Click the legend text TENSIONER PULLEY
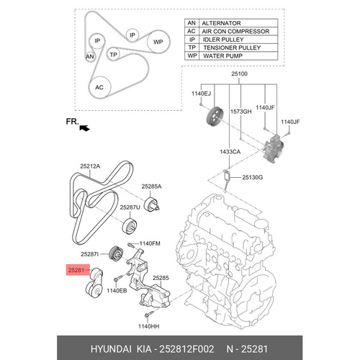click(232, 48)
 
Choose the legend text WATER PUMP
click(223, 55)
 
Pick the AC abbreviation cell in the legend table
click(192, 31)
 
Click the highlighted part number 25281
click(76, 270)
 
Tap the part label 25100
click(239, 73)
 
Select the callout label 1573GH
click(241, 112)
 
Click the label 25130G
click(253, 177)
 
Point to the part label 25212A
click(90, 166)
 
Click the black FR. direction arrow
click(84, 128)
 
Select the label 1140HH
click(149, 326)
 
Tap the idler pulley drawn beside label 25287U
click(130, 226)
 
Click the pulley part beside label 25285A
click(151, 204)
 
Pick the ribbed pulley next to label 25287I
click(116, 253)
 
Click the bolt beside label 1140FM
click(131, 245)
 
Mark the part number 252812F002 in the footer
click(186, 348)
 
